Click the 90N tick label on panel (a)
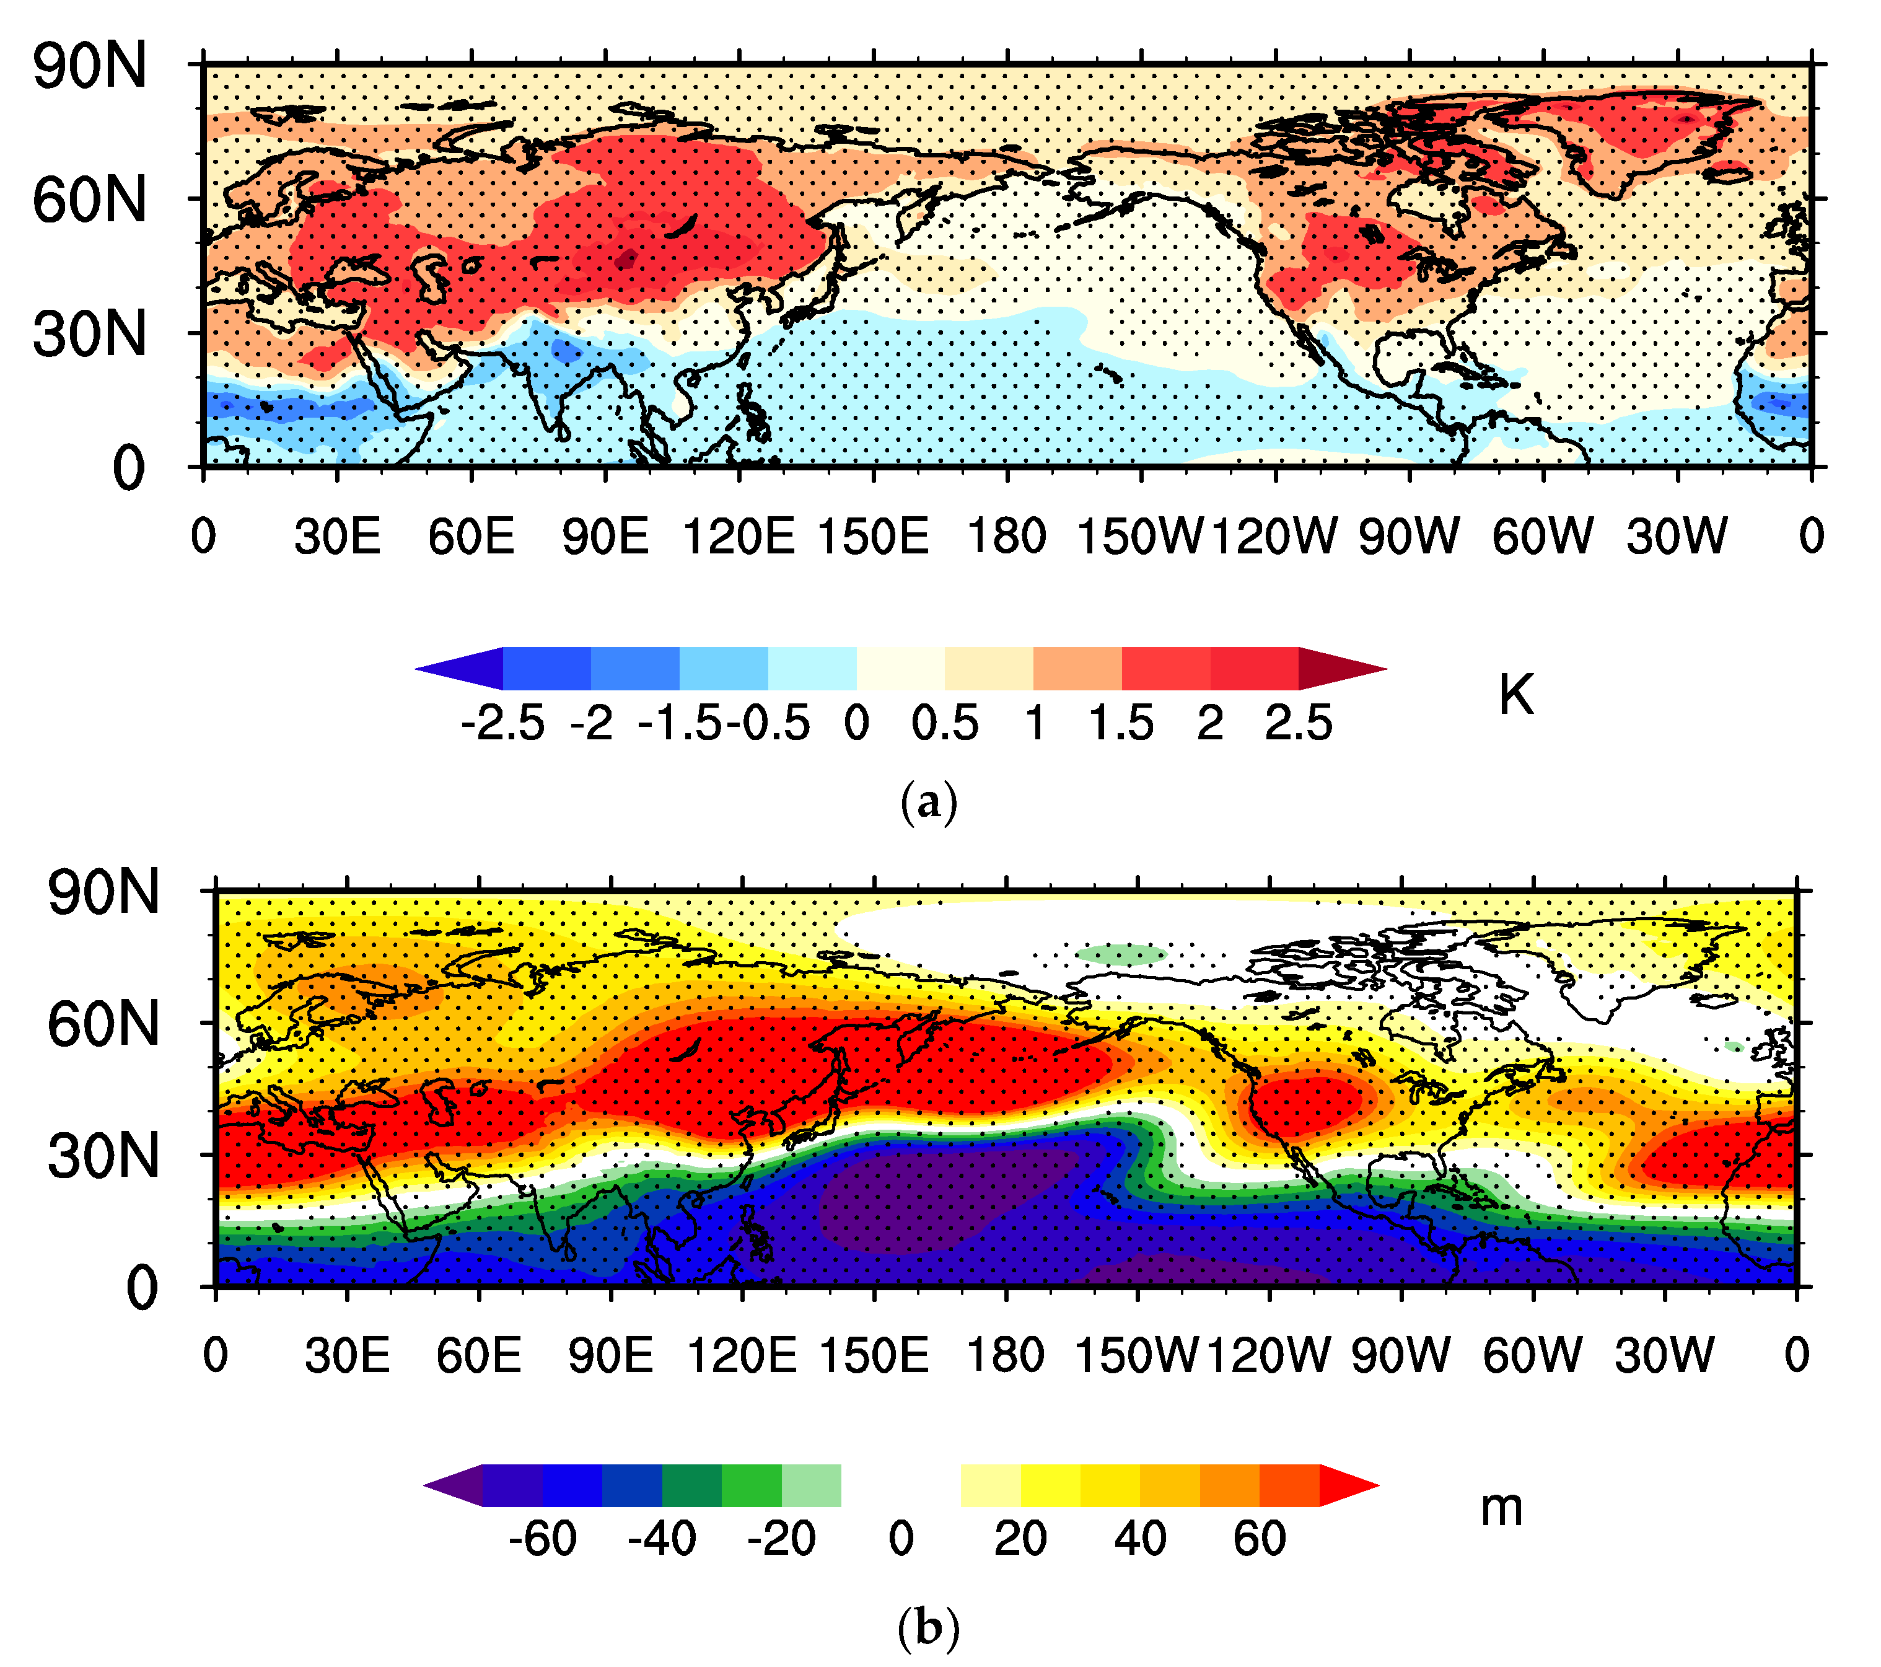click(x=89, y=66)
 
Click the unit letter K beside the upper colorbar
click(x=1515, y=694)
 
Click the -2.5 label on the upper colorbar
click(x=502, y=723)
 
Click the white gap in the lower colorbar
click(x=900, y=1485)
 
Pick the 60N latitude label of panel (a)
click(x=89, y=200)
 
